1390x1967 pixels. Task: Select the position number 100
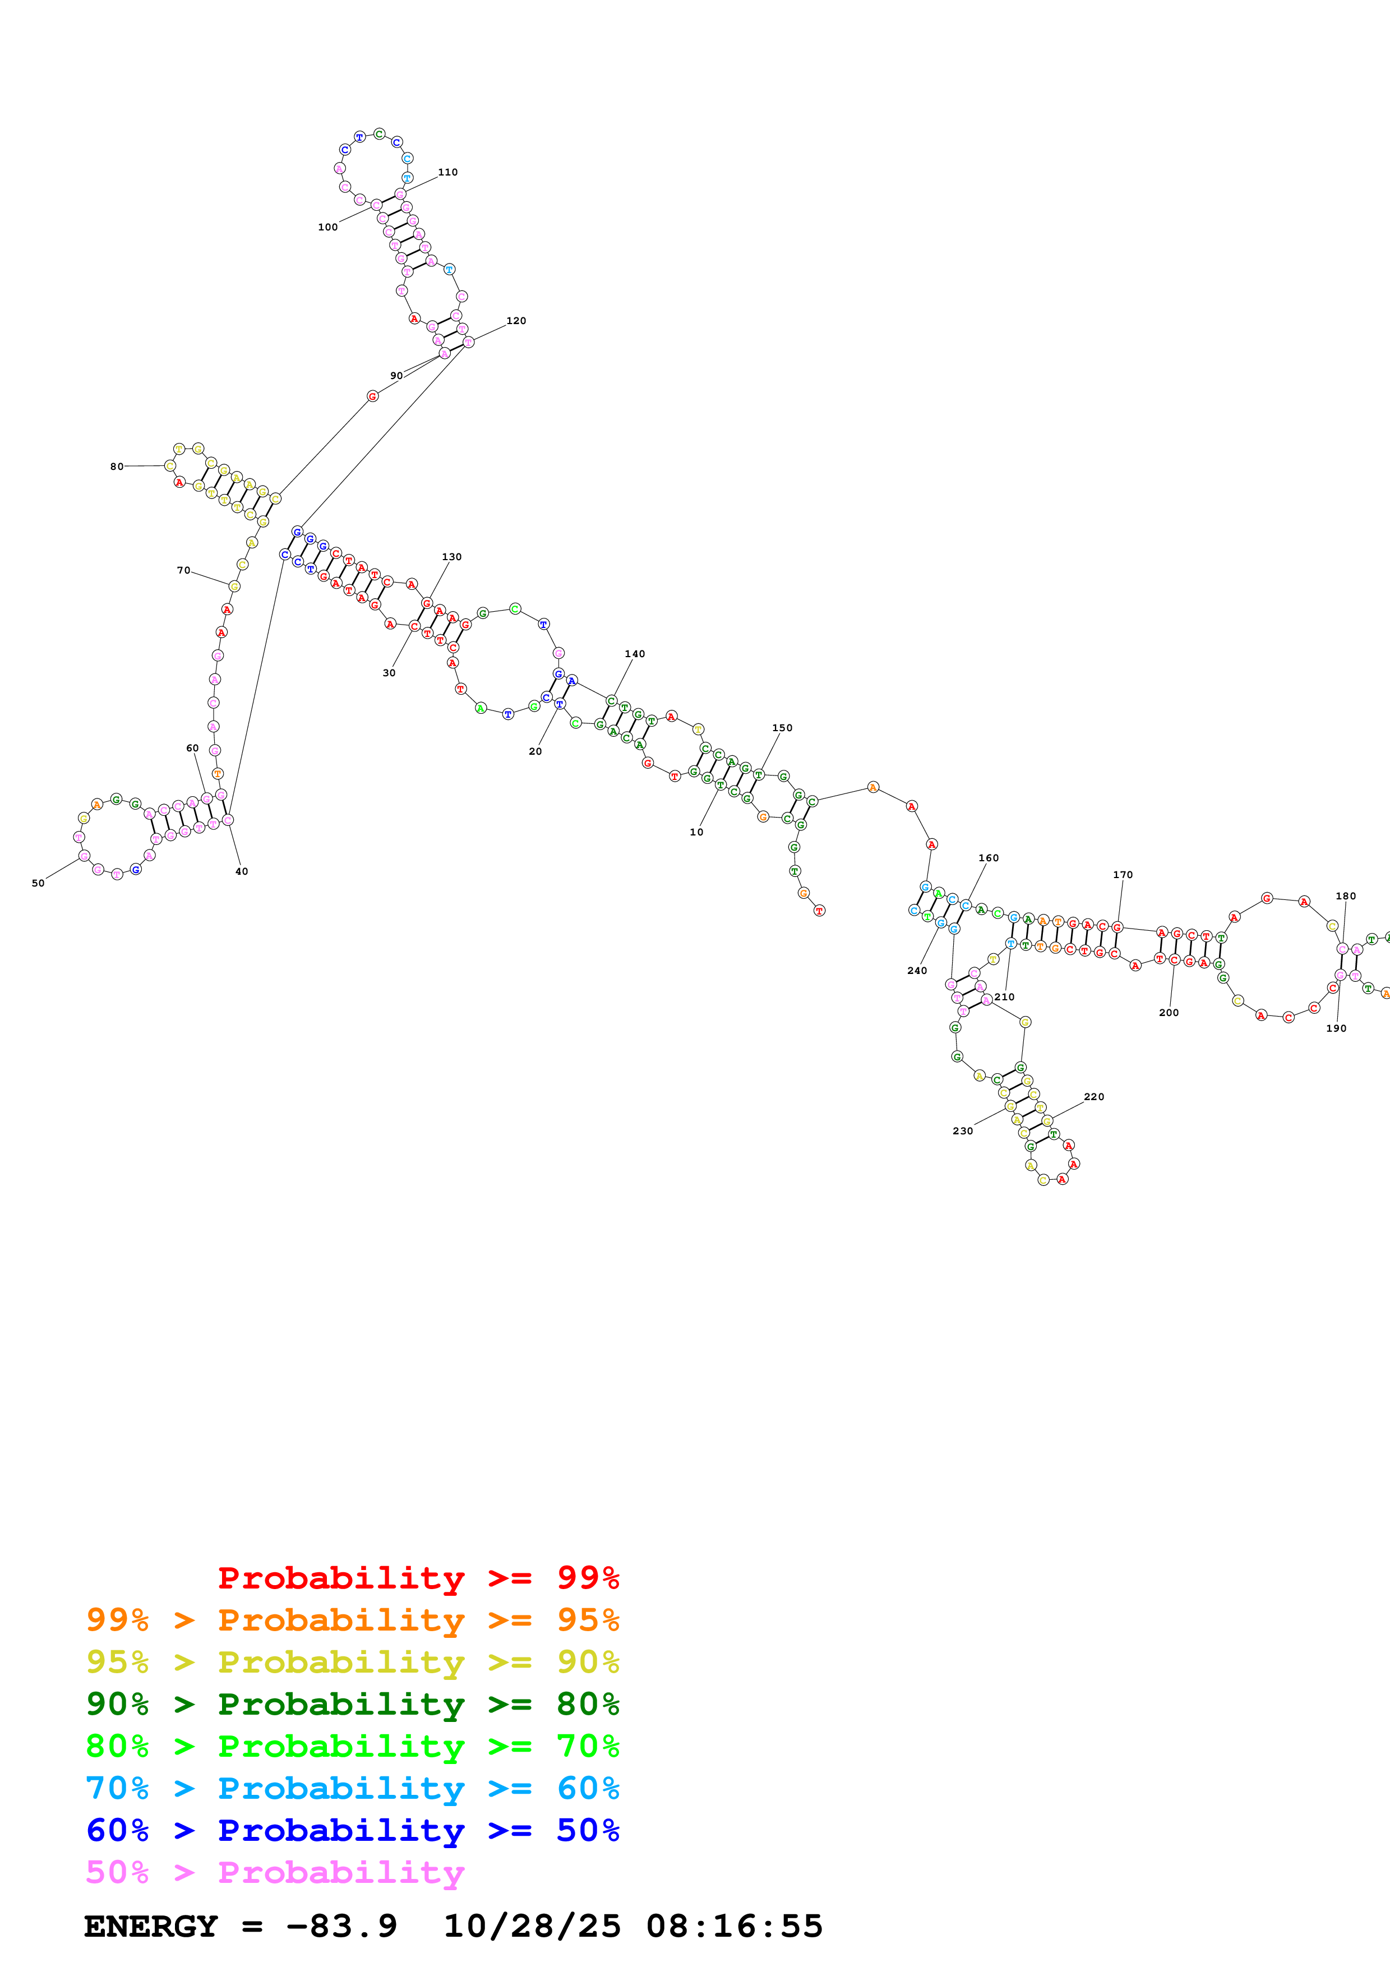point(327,227)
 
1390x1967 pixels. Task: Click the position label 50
point(38,883)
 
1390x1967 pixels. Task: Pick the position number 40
point(242,871)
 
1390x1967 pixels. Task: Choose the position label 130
point(451,557)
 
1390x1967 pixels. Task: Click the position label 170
point(1122,875)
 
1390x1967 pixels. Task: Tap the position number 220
point(1094,1097)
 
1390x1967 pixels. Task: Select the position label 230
point(963,1131)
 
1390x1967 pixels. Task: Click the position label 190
point(1336,1028)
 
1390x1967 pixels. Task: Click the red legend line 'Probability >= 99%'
point(418,1578)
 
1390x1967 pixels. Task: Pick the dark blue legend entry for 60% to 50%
point(352,1830)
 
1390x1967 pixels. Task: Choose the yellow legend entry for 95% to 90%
point(352,1662)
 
